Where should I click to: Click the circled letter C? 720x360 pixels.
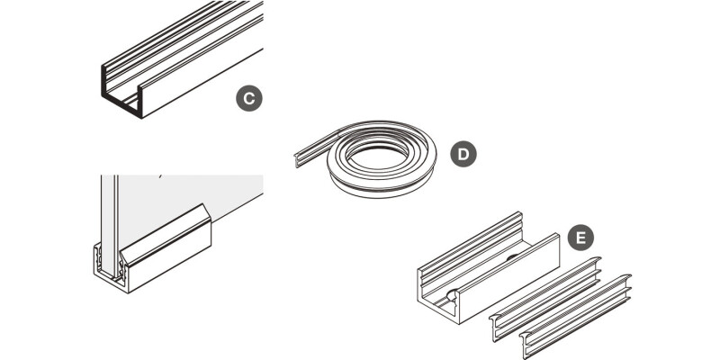(x=249, y=98)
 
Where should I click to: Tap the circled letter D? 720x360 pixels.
(x=463, y=154)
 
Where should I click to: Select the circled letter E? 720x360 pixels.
(x=580, y=238)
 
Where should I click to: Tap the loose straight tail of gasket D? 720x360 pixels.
(x=317, y=148)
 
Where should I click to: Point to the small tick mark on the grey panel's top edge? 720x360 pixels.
(x=160, y=175)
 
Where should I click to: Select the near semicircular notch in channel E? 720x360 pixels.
(x=453, y=295)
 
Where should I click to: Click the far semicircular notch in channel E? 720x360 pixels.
(x=512, y=257)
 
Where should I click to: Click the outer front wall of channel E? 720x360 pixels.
(x=508, y=279)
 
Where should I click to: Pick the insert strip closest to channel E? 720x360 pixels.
(x=546, y=300)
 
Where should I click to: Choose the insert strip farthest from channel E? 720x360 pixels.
(x=576, y=317)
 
